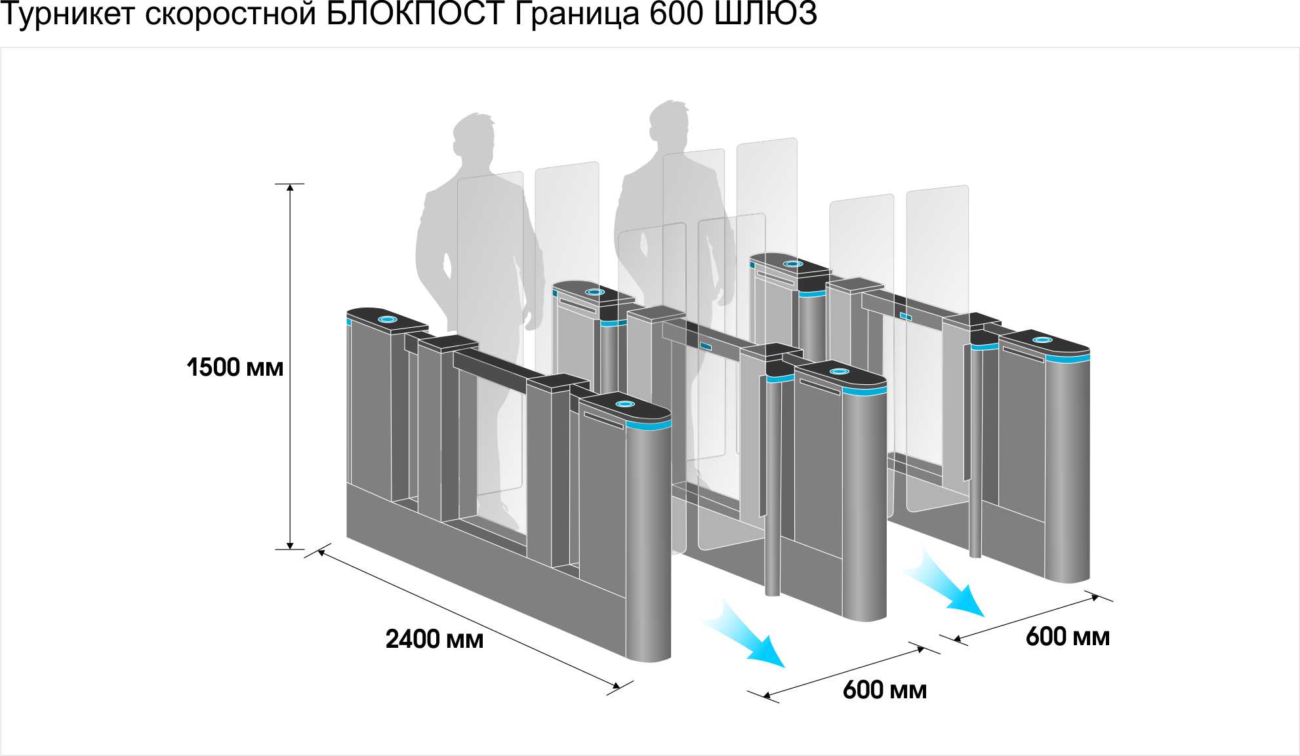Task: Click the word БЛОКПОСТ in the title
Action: pyautogui.click(x=416, y=14)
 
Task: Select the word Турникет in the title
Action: pyautogui.click(x=68, y=14)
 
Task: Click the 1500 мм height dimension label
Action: pyautogui.click(x=235, y=367)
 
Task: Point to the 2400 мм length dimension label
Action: pyautogui.click(x=434, y=639)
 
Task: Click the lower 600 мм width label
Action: pyautogui.click(x=884, y=690)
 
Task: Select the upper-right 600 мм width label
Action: pyautogui.click(x=1067, y=637)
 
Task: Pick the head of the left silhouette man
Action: pyautogui.click(x=474, y=138)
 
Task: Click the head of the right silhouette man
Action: pyautogui.click(x=669, y=125)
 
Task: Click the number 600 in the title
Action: pyautogui.click(x=676, y=14)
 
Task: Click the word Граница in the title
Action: pyautogui.click(x=577, y=14)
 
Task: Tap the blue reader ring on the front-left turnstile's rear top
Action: pyautogui.click(x=388, y=319)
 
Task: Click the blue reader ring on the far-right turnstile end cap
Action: pyautogui.click(x=1042, y=340)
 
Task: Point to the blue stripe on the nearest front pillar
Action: pyautogui.click(x=648, y=426)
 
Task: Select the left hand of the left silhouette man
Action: pyautogui.click(x=446, y=269)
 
